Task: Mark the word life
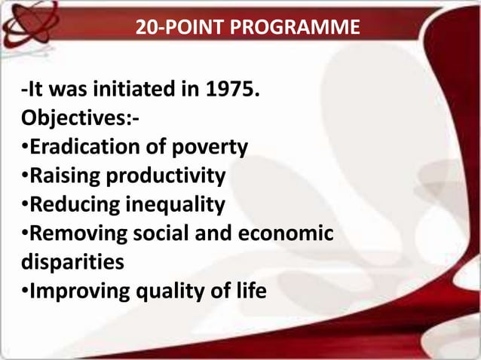click(247, 291)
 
